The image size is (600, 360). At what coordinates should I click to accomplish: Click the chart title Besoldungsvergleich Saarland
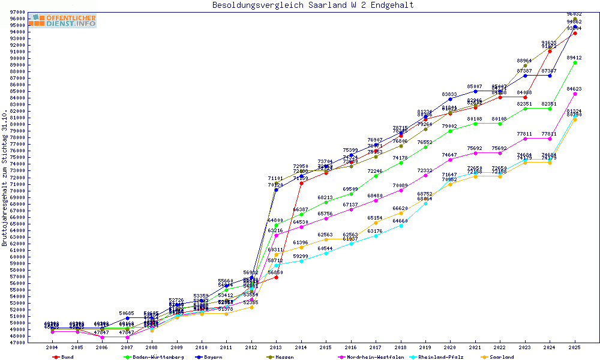click(x=313, y=5)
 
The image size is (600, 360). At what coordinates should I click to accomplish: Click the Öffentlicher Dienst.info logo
click(x=62, y=20)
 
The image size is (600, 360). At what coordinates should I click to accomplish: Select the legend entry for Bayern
click(x=209, y=357)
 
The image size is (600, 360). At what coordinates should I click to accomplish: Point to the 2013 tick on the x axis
click(x=276, y=347)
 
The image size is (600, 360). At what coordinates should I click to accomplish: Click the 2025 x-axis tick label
click(x=575, y=347)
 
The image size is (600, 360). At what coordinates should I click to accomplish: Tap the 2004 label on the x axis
click(x=52, y=347)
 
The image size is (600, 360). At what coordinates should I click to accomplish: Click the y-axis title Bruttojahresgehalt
click(x=5, y=178)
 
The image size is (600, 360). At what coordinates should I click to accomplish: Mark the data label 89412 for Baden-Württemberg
click(x=575, y=58)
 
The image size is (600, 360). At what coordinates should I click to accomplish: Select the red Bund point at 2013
click(x=276, y=277)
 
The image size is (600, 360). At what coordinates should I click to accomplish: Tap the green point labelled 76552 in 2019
click(x=425, y=147)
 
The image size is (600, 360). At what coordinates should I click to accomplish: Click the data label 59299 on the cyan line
click(x=301, y=256)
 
